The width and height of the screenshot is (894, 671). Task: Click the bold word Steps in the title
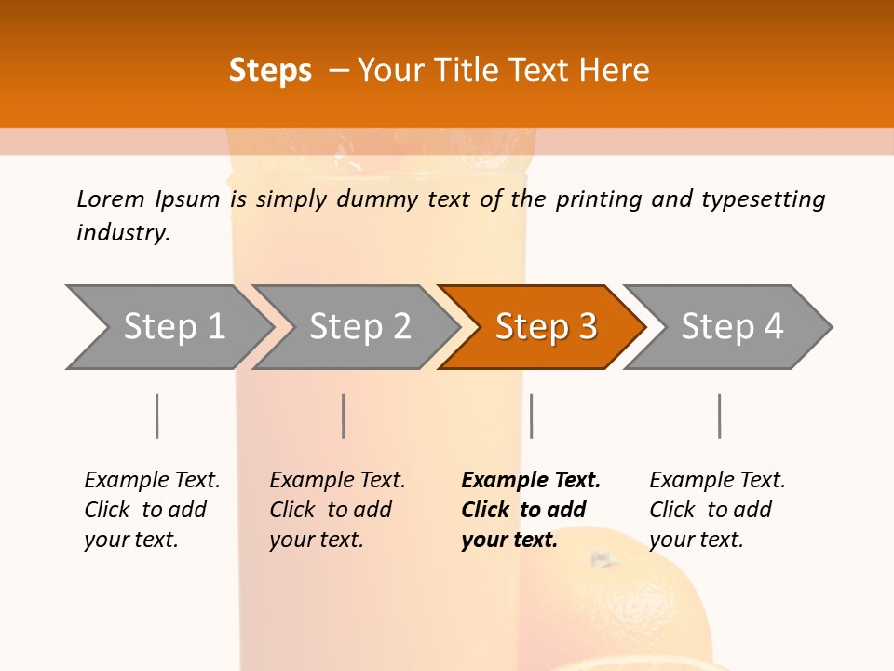(270, 71)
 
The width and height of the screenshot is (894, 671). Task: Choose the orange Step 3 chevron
(546, 327)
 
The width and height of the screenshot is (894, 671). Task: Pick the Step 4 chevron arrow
(732, 327)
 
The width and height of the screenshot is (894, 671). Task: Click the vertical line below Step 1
(157, 416)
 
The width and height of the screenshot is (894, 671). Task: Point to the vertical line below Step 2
(344, 416)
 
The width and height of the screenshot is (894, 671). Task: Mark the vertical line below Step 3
(532, 416)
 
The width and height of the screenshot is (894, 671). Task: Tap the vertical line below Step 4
(720, 416)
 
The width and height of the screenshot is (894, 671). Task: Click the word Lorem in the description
(111, 199)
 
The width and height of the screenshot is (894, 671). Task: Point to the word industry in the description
(123, 233)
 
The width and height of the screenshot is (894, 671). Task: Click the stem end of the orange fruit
(603, 561)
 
